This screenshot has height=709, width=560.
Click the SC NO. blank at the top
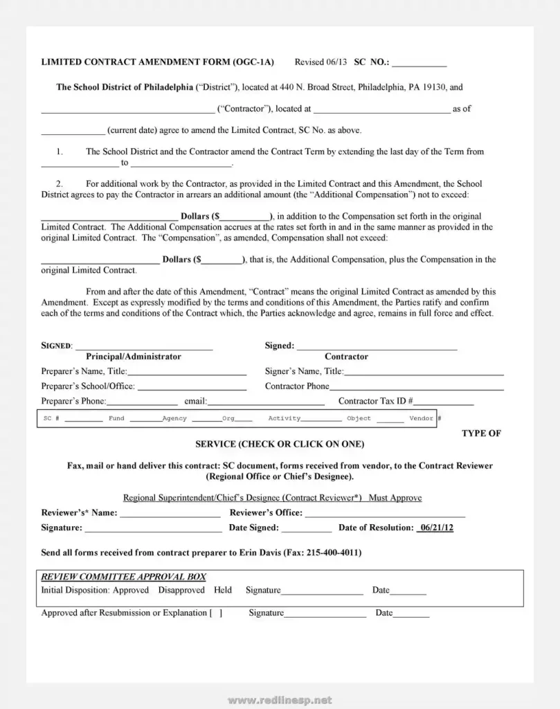click(419, 63)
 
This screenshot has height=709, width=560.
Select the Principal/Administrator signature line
click(143, 345)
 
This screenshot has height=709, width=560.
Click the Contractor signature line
click(377, 345)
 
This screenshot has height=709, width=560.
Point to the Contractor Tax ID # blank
click(444, 402)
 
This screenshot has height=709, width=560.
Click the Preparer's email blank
click(267, 402)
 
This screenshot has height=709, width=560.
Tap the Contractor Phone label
click(297, 386)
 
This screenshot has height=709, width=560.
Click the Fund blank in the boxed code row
click(146, 419)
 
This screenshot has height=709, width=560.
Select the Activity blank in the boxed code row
click(321, 419)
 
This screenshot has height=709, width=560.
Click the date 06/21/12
click(436, 528)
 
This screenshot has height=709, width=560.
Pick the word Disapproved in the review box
click(181, 591)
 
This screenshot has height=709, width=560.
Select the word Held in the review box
click(223, 591)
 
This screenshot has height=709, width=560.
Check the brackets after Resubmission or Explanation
click(216, 613)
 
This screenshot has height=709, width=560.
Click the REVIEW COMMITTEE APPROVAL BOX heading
click(123, 577)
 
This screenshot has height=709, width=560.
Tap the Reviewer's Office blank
click(385, 513)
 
